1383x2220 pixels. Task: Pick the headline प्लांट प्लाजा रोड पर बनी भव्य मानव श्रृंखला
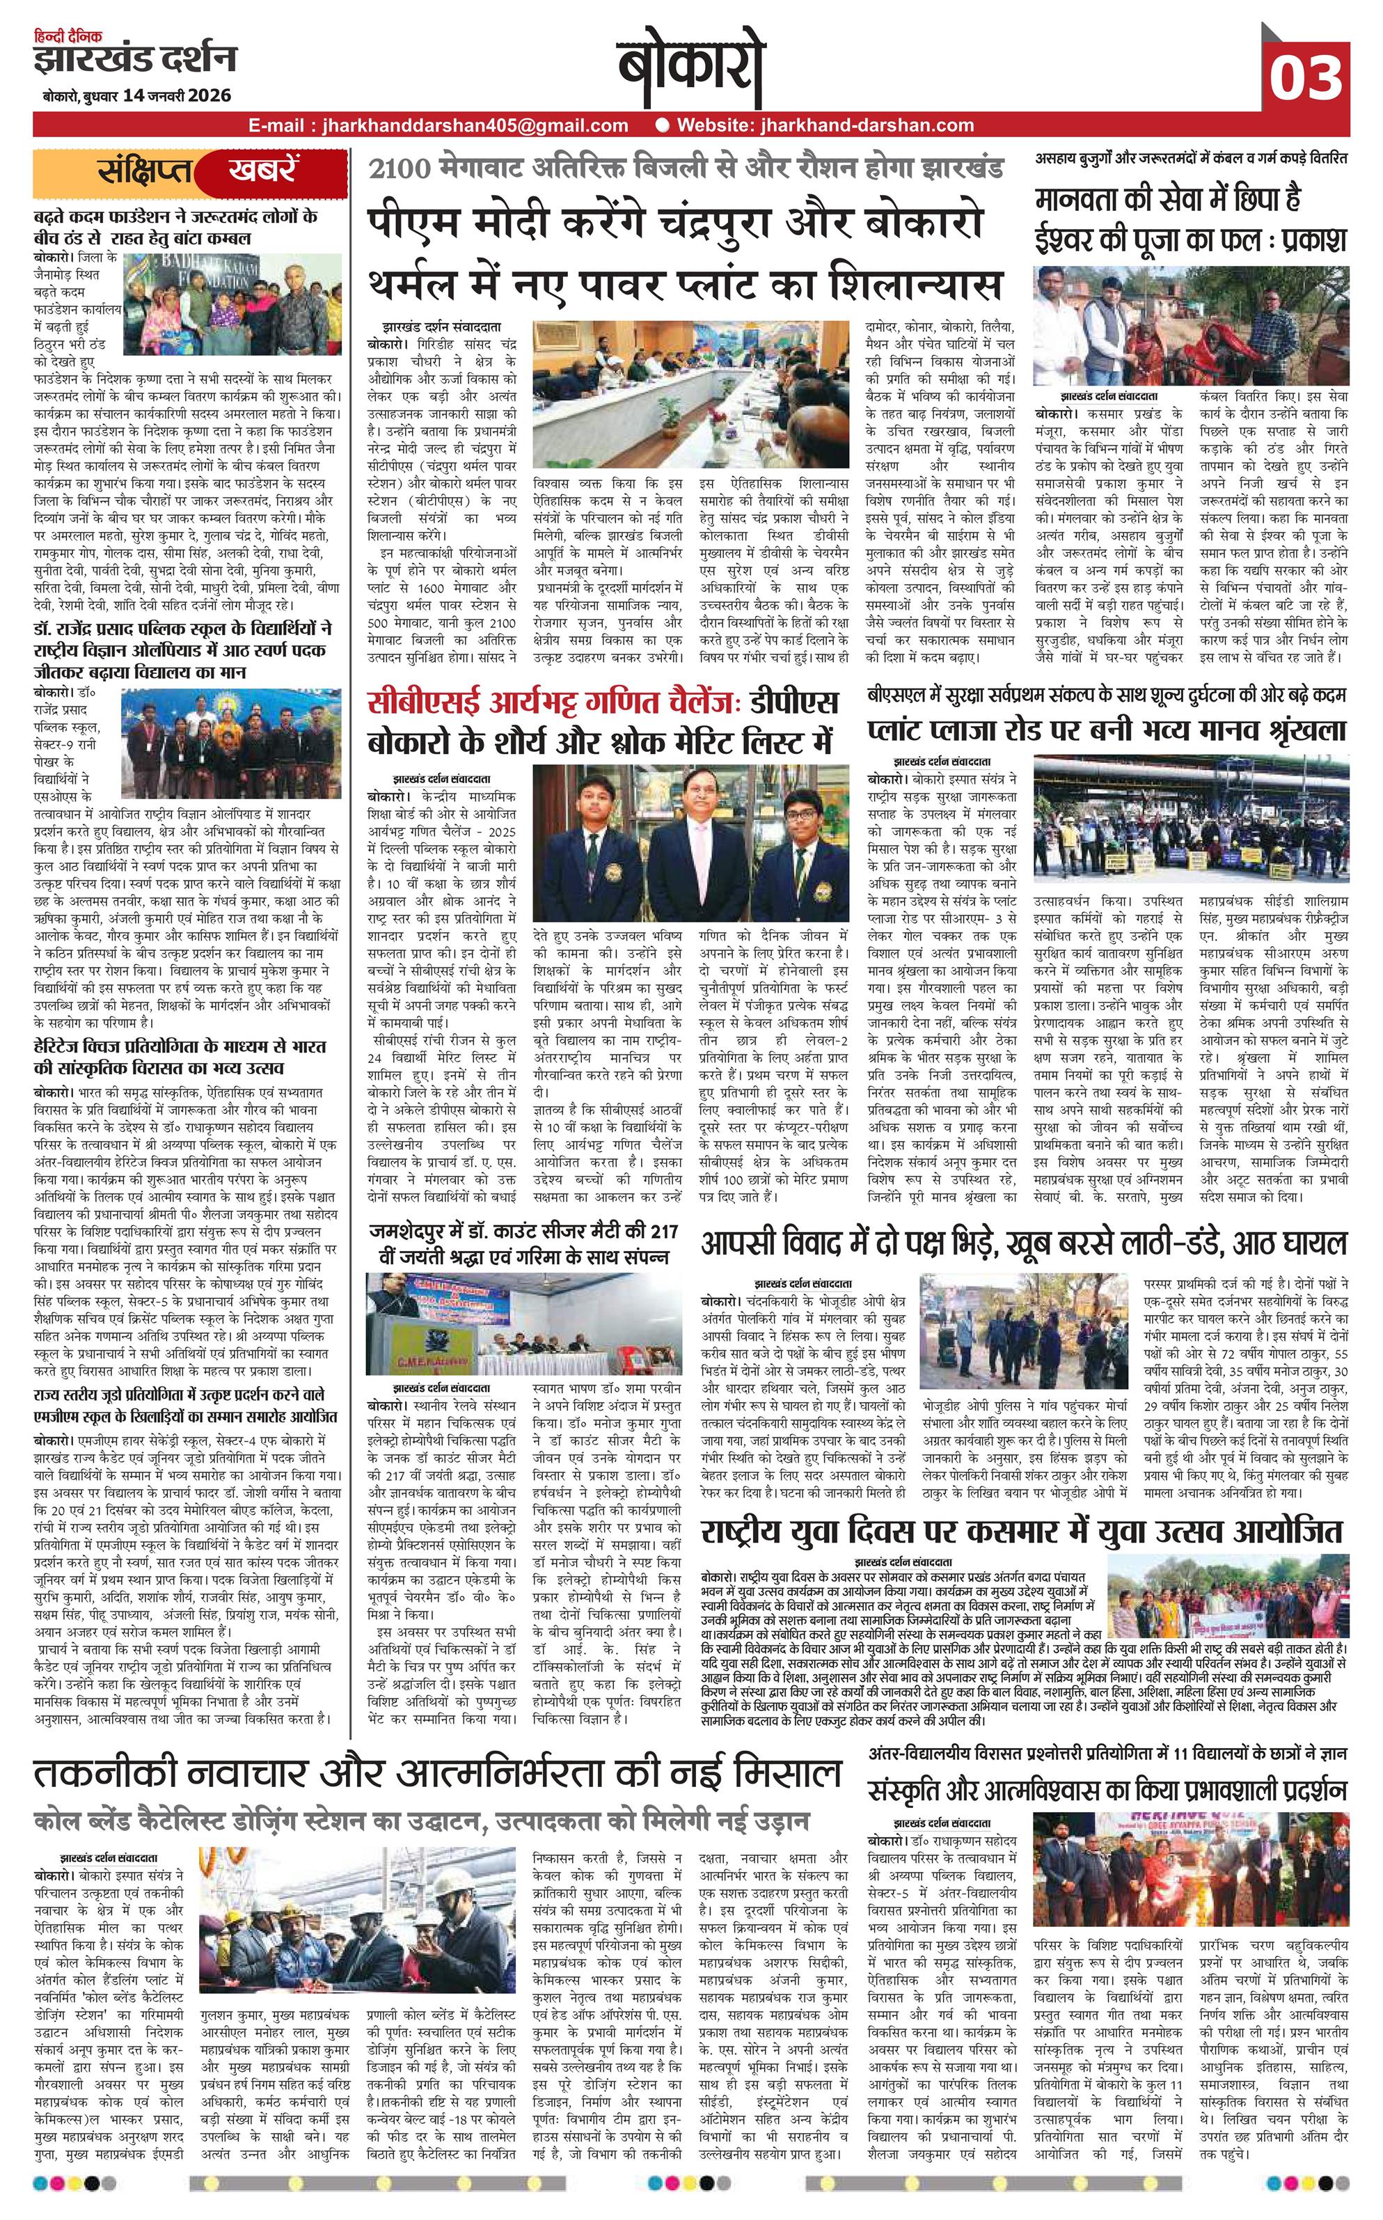click(x=1107, y=730)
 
